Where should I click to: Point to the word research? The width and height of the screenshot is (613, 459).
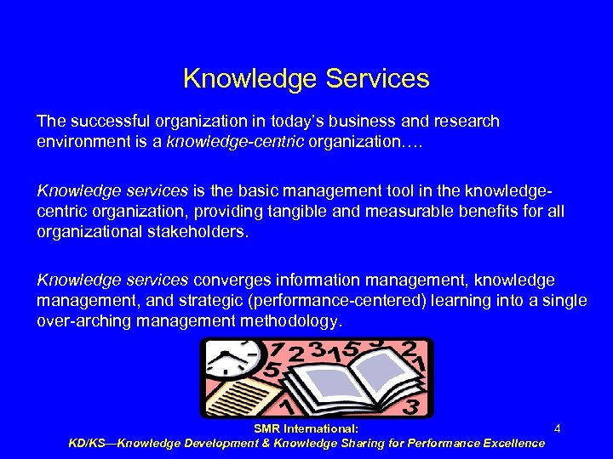467,122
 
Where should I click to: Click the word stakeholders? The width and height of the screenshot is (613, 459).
195,230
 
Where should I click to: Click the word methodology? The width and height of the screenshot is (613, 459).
295,320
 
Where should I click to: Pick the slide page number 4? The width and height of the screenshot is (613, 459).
557,429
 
